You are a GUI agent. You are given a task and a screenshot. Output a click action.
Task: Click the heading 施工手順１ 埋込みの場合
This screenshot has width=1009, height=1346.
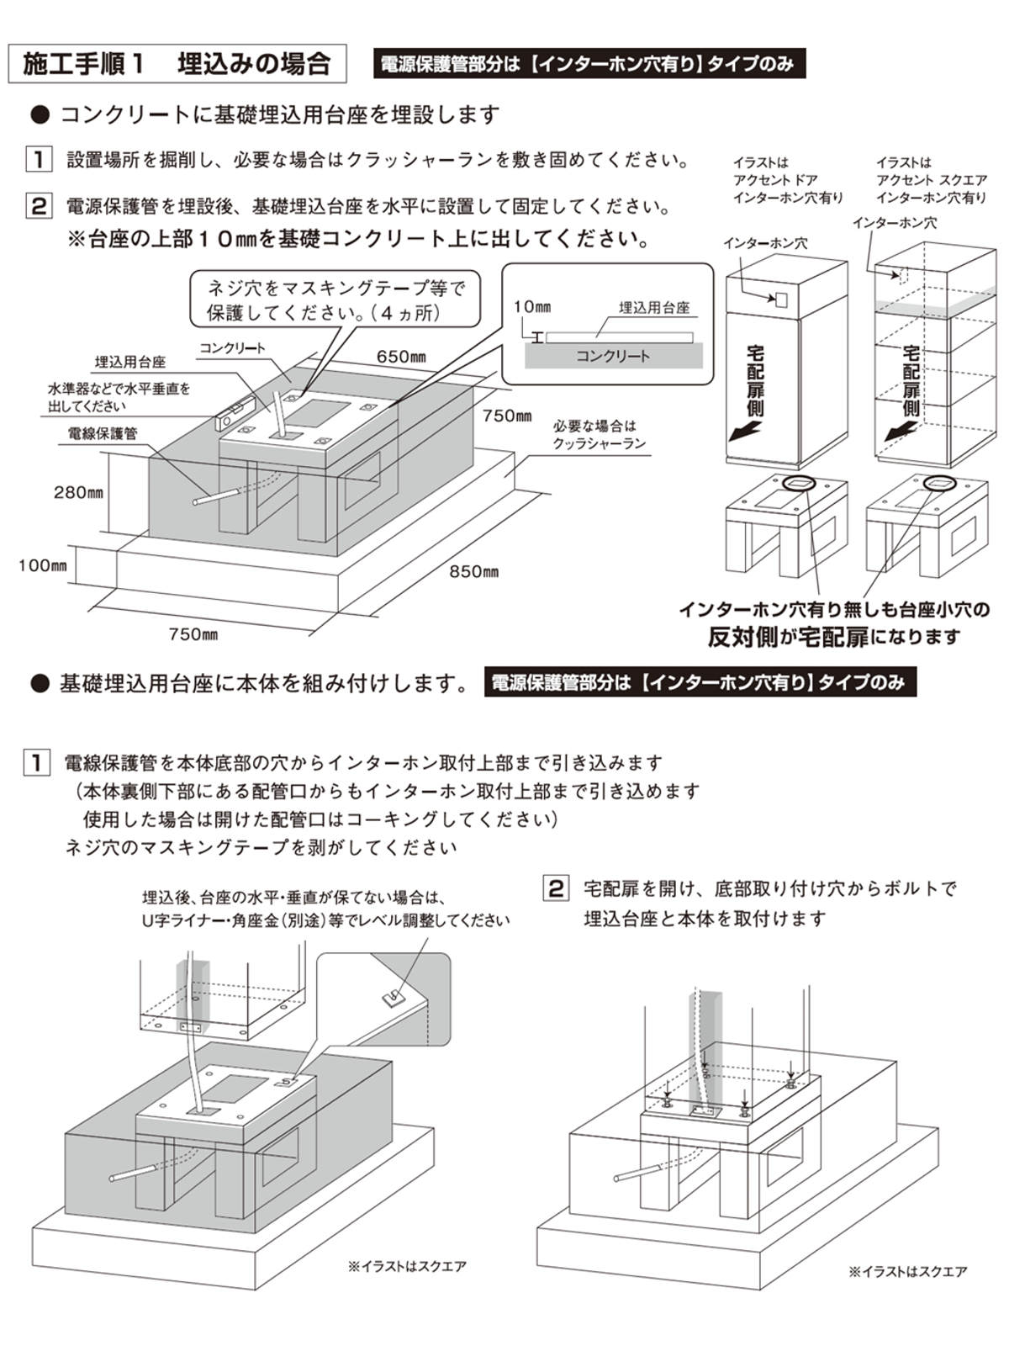[177, 64]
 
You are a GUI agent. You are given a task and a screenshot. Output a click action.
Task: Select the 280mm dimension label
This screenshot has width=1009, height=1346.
[78, 492]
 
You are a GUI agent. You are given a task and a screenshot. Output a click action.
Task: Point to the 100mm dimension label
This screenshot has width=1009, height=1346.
[42, 565]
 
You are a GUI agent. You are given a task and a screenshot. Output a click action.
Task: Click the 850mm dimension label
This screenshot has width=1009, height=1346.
[473, 572]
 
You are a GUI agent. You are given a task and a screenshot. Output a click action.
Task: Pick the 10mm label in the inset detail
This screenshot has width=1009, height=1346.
[531, 307]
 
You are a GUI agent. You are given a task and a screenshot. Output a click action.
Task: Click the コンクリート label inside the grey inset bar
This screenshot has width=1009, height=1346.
[613, 356]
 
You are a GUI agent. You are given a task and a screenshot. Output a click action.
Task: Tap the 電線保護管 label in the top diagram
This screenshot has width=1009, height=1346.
[102, 434]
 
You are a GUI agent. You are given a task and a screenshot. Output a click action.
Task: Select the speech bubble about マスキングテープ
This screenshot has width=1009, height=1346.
[335, 299]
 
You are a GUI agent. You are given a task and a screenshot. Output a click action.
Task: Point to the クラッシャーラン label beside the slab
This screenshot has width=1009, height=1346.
[599, 435]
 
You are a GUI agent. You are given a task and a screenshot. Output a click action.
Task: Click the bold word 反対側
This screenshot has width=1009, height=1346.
[742, 637]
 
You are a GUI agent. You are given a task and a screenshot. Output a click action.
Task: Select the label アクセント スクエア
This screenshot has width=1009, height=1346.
[931, 180]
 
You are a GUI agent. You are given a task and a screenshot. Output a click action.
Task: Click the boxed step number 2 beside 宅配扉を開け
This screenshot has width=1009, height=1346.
[556, 888]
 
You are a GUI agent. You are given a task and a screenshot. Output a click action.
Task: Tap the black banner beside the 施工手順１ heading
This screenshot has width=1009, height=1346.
[589, 64]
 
